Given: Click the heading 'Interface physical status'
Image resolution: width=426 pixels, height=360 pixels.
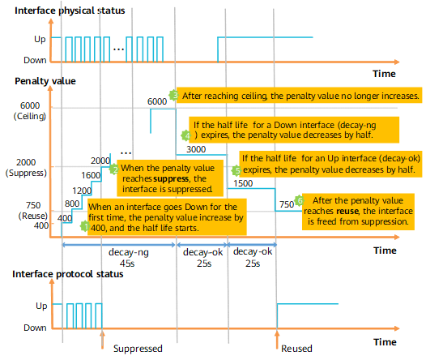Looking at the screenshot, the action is coord(70,11).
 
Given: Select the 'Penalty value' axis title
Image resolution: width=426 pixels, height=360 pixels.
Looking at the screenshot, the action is coord(45,81).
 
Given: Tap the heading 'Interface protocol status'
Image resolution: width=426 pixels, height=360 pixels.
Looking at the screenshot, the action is coord(68,274).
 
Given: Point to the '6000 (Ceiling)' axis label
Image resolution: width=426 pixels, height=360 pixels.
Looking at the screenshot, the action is coord(30,110).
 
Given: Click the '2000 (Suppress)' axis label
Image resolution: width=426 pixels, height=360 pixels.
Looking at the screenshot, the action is coord(26,168).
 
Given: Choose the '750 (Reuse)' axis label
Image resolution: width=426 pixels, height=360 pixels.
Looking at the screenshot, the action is coord(33,211).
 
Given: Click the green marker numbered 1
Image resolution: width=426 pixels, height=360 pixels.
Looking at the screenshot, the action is coord(85,226).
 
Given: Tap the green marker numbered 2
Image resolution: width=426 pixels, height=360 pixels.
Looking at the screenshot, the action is coord(114,169).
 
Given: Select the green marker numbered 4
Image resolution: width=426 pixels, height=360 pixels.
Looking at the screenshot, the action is coord(186,135).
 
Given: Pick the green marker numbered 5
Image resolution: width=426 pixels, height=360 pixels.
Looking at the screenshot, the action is coord(236,170).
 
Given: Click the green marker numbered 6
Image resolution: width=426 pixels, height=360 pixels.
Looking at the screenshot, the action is coord(300,200).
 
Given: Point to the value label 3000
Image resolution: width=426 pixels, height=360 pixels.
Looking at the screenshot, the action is coord(196,149).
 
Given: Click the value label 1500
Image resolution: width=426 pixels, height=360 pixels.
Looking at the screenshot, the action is coord(243,183).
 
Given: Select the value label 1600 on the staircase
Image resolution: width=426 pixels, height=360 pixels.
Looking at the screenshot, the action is coord(91,175).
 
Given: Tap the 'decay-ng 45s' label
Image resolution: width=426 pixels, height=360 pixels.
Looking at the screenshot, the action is coord(128,258).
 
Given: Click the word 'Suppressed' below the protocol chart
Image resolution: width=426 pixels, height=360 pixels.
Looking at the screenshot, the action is coord(138,349).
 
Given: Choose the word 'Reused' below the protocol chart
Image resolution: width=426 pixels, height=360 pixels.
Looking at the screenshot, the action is coord(296,349).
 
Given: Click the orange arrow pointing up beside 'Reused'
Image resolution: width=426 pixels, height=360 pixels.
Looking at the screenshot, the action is coord(277,339).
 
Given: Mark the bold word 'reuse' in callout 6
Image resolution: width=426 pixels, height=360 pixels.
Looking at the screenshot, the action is coord(347,212).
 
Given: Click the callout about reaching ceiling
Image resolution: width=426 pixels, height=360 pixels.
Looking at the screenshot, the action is coord(299,96).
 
